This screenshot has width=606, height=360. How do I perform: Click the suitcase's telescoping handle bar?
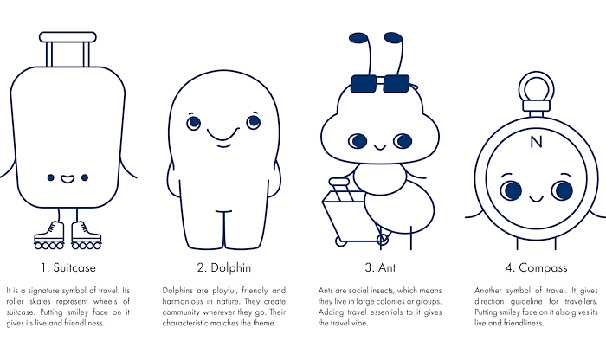(68, 37)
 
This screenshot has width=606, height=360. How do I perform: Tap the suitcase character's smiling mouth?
(68, 179)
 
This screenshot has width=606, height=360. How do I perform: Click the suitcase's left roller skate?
(49, 235)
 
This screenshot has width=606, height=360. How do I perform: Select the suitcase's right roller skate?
(87, 235)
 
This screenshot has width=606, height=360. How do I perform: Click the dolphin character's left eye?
(194, 123)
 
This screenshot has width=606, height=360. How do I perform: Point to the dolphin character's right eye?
(254, 122)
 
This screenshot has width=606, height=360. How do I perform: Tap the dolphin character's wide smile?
(223, 134)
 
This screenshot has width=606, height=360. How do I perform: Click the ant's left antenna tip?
(358, 38)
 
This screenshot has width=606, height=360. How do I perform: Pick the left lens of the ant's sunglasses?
(364, 84)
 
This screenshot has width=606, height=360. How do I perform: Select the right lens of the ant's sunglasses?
(396, 84)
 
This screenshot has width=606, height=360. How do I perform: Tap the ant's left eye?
(358, 141)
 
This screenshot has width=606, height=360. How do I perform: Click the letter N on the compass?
(536, 142)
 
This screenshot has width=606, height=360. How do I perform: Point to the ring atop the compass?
(536, 74)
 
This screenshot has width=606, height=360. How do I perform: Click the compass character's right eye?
(563, 190)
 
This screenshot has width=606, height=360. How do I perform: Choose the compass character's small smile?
(537, 199)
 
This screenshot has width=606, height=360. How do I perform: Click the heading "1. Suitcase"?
(68, 267)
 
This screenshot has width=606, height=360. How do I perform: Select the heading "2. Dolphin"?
(224, 267)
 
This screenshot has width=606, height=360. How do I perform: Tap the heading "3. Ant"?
(380, 267)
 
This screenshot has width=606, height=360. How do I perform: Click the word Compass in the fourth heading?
(543, 268)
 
